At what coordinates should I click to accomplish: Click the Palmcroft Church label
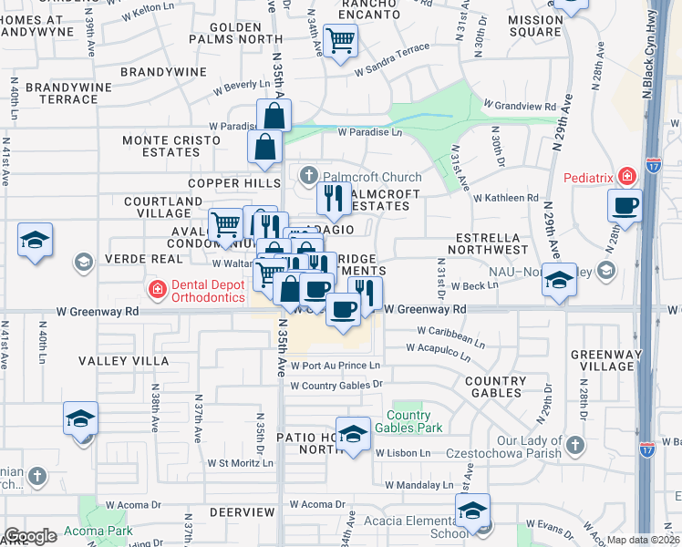(x=368, y=176)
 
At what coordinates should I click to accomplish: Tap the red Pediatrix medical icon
(x=626, y=176)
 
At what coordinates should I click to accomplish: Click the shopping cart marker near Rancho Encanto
(x=340, y=39)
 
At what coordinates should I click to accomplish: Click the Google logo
(x=30, y=536)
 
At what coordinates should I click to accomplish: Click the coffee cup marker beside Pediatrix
(x=625, y=206)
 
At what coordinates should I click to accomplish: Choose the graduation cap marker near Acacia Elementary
(x=472, y=511)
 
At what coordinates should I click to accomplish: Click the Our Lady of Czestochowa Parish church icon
(x=573, y=445)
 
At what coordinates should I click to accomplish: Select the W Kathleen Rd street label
(x=506, y=197)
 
